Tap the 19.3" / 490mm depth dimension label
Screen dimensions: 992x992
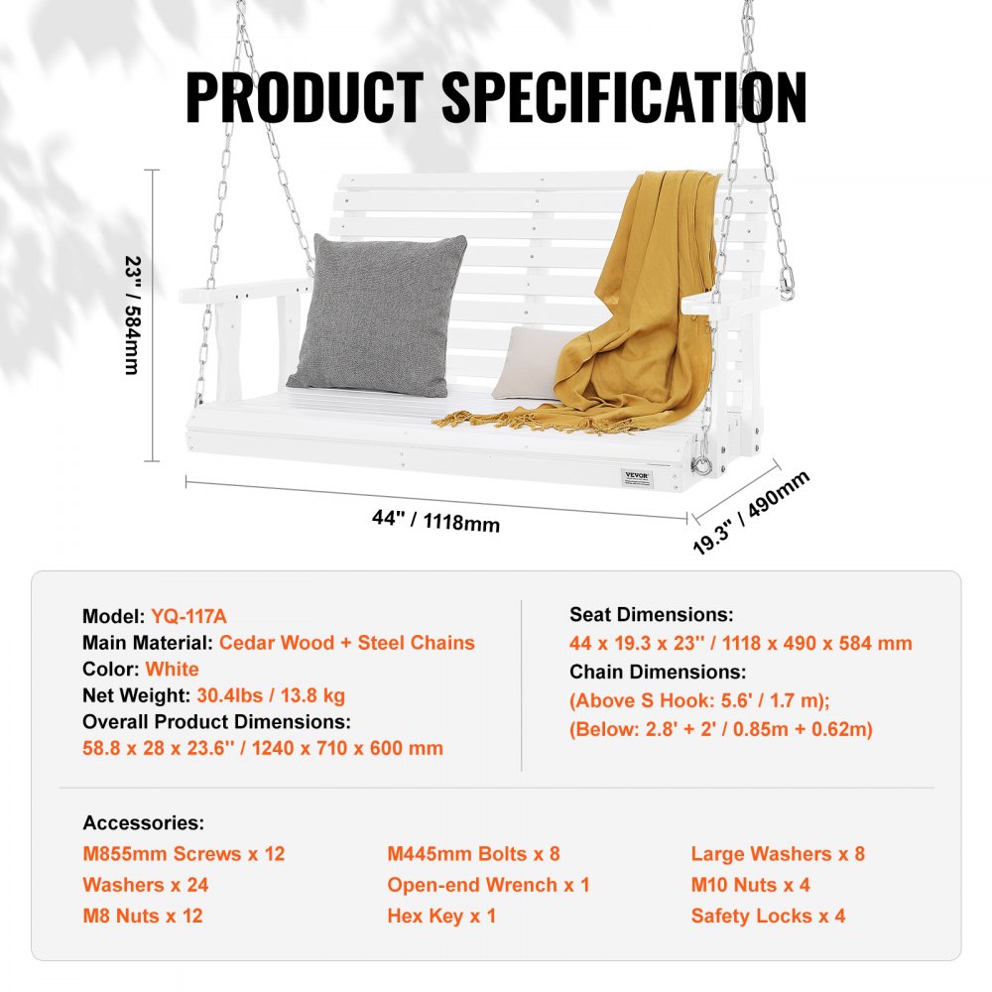pyautogui.click(x=751, y=513)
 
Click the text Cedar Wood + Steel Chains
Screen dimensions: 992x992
pyautogui.click(x=346, y=643)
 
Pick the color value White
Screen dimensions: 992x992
pyautogui.click(x=172, y=670)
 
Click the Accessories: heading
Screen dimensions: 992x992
pyautogui.click(x=144, y=823)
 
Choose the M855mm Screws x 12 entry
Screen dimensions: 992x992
pyautogui.click(x=184, y=854)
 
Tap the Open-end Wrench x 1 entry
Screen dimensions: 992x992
pyautogui.click(x=488, y=885)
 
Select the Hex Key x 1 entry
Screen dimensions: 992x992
pyautogui.click(x=441, y=916)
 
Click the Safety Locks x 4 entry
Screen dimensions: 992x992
pyautogui.click(x=768, y=916)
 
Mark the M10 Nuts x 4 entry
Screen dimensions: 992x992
pyautogui.click(x=750, y=885)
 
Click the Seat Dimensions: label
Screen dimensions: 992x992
pyautogui.click(x=651, y=616)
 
